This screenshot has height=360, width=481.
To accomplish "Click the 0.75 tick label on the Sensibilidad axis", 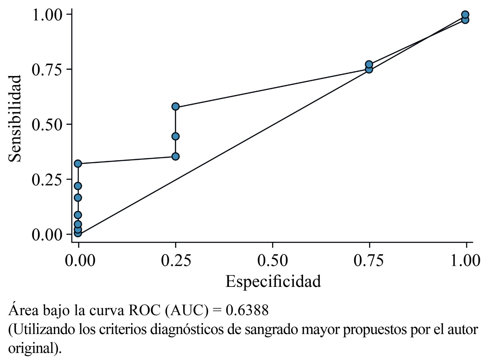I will click(x=46, y=70).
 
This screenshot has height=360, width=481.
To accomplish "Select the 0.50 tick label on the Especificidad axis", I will click(x=272, y=261).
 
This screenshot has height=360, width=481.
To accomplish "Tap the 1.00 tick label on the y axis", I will click(x=46, y=15).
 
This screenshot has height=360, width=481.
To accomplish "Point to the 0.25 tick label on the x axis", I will click(x=175, y=261).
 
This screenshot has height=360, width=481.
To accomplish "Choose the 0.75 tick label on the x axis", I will click(x=369, y=261).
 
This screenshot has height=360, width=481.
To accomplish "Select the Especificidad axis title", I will click(x=273, y=282).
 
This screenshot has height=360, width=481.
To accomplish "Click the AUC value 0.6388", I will click(x=247, y=310).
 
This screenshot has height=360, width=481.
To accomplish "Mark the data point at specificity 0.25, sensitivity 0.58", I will click(x=175, y=107).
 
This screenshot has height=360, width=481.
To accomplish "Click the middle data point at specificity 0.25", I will click(x=175, y=136).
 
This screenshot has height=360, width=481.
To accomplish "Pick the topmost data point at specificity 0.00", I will click(x=78, y=163).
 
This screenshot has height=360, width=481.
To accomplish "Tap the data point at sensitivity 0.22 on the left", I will click(x=78, y=186).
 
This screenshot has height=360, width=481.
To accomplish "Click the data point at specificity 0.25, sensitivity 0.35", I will click(x=175, y=156).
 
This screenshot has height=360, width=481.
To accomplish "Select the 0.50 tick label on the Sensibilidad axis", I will click(x=46, y=125).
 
